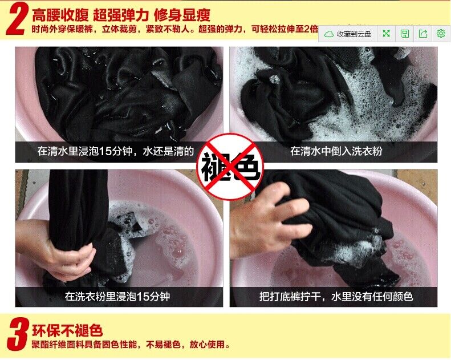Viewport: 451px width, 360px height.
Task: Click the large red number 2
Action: [x=17, y=19]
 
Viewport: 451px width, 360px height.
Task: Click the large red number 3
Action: [x=18, y=334]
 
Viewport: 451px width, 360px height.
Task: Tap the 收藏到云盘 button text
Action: [x=354, y=34]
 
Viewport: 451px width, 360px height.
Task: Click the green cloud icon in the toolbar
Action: [x=329, y=34]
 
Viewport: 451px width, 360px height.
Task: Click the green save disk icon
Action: [x=405, y=34]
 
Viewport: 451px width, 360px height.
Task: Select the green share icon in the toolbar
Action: [x=423, y=34]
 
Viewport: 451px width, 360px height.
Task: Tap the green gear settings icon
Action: [x=441, y=34]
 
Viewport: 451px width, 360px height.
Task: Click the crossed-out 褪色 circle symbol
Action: [x=230, y=167]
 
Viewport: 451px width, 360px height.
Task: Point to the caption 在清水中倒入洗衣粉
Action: [x=336, y=151]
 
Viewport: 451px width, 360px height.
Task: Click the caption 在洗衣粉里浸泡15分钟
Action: [x=117, y=297]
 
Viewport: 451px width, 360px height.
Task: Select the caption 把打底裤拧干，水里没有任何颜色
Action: [x=336, y=297]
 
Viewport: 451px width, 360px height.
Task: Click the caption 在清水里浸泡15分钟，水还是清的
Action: [x=116, y=151]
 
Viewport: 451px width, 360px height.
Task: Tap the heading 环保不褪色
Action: [x=67, y=330]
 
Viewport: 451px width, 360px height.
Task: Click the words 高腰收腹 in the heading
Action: [x=60, y=15]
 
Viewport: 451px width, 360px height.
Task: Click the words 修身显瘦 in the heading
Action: [x=182, y=15]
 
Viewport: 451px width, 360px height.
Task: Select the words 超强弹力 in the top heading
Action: [x=121, y=15]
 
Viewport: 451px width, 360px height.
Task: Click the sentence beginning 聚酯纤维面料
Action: [x=131, y=345]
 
